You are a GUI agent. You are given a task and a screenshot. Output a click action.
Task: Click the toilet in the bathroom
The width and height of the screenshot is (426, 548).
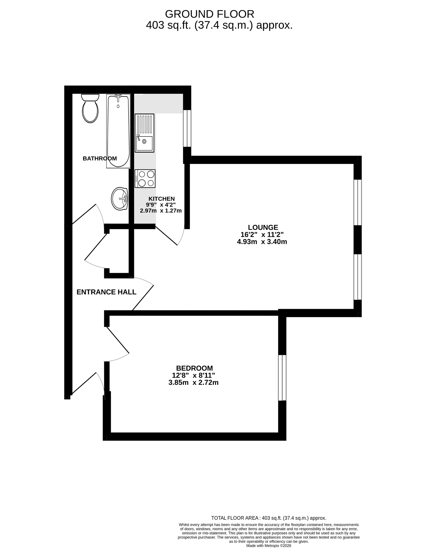pos(90,109)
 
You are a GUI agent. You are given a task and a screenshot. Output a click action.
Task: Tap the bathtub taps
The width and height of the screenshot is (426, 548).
pos(118,96)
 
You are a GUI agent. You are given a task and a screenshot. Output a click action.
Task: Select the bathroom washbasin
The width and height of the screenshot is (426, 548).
pos(120,199)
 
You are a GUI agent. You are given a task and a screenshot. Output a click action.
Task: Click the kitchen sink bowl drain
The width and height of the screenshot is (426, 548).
pos(144,142)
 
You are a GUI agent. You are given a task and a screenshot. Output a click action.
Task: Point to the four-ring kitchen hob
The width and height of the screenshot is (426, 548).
pos(145,178)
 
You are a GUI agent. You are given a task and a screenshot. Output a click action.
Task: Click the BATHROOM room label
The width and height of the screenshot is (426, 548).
pos(100,159)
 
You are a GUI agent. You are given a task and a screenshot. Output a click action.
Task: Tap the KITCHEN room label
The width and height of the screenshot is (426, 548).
pos(161,199)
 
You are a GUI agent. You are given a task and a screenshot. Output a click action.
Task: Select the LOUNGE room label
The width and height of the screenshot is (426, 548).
pos(263,227)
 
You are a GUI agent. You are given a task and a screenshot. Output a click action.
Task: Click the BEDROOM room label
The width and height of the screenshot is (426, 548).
pos(194,368)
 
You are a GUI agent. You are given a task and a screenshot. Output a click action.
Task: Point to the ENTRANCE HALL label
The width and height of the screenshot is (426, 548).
pos(106,292)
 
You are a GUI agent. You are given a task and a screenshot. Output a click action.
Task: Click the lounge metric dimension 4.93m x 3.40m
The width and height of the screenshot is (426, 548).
pos(262,242)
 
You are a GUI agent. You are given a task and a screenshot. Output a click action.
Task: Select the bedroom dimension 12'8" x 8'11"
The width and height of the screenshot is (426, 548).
pos(193,375)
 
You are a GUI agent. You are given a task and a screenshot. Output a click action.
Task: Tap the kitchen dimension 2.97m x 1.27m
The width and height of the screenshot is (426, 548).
pos(161,211)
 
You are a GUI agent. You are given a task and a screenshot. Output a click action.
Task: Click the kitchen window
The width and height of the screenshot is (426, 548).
pos(187,128)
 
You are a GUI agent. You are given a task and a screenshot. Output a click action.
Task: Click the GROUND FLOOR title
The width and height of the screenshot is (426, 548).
pos(209,14)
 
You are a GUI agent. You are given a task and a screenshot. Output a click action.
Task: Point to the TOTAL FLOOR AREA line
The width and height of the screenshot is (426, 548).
pos(269,518)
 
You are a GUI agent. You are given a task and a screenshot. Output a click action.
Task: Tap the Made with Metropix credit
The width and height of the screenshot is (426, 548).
pos(269,545)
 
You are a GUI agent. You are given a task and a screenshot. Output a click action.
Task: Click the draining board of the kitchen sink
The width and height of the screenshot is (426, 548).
pos(144,124)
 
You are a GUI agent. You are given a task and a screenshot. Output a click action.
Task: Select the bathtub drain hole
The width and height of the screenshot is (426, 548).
pos(118,106)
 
